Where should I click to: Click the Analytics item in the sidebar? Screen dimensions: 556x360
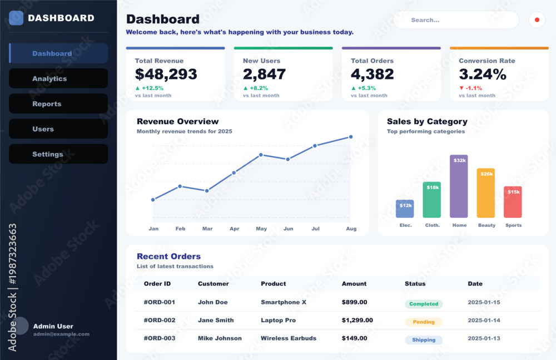[x=58, y=78]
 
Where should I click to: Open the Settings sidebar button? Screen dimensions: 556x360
[x=58, y=154]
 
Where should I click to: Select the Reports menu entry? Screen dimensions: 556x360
[x=58, y=103]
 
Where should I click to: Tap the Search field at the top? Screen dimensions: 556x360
[x=456, y=20]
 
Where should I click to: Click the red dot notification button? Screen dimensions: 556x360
[x=537, y=20]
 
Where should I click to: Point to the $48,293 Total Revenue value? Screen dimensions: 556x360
[x=166, y=74]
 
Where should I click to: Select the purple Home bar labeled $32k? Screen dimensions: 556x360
[x=459, y=186]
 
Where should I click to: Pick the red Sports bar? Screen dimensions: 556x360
[x=513, y=202]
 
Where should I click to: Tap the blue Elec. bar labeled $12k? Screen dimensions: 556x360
[x=405, y=209]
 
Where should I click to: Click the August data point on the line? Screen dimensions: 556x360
[x=351, y=137]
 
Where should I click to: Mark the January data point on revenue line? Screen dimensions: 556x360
[x=153, y=200]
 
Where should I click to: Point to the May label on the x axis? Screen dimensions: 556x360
[x=261, y=229]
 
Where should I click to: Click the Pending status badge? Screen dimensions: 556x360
[x=424, y=322]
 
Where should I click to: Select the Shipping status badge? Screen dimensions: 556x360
[x=424, y=340]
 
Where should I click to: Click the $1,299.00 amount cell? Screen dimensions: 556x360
[x=358, y=320]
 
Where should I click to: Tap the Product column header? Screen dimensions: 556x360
[x=274, y=284]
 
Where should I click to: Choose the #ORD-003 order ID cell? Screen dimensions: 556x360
[x=160, y=338]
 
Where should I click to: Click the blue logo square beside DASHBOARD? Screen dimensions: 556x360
[x=16, y=18]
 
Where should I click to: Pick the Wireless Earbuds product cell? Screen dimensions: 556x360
[x=289, y=338]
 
